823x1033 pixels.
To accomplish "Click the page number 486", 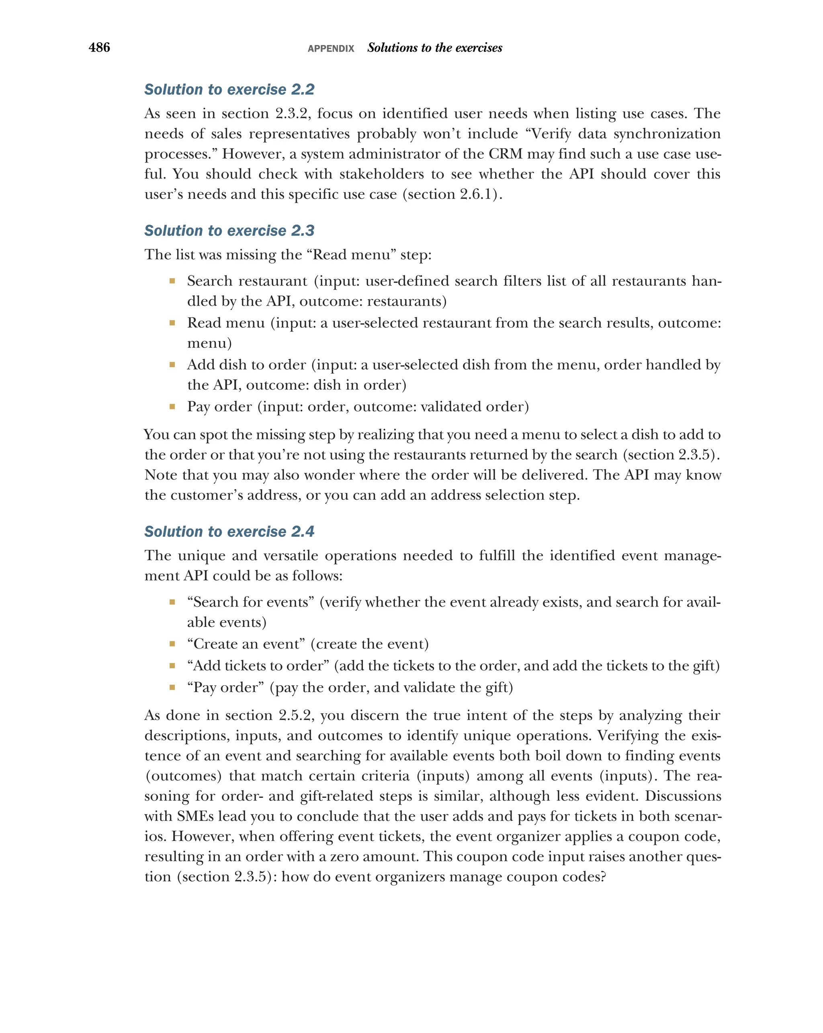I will pos(99,47).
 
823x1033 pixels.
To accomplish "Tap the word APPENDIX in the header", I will pos(331,48).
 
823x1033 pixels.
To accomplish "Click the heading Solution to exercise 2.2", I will pos(229,90).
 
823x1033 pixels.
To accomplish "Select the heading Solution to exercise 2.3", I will pos(229,230).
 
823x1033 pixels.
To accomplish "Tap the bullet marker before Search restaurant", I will pos(172,281).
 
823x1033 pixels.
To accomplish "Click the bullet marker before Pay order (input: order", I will pos(172,407).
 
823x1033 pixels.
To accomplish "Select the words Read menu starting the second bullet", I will pos(225,323).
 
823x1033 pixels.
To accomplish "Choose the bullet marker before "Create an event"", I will pos(172,644).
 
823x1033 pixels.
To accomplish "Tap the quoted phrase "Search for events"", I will pos(250,602).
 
